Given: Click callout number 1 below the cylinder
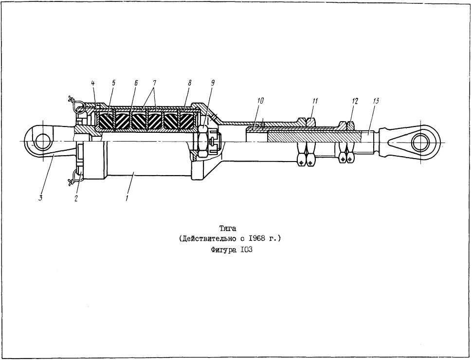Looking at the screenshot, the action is pyautogui.click(x=127, y=198).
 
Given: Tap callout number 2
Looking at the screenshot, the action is pyautogui.click(x=76, y=198).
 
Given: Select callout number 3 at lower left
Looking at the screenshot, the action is pyautogui.click(x=41, y=198).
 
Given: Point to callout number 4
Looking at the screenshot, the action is pyautogui.click(x=93, y=83).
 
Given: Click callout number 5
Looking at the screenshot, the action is pyautogui.click(x=114, y=83).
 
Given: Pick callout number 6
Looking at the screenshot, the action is pyautogui.click(x=136, y=83).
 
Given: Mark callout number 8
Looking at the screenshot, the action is pyautogui.click(x=189, y=83).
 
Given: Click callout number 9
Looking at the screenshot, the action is pyautogui.click(x=213, y=83).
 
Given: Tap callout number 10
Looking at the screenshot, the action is pyautogui.click(x=261, y=101).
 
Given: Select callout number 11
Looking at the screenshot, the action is pyautogui.click(x=315, y=101).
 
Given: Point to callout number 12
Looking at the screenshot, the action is pyautogui.click(x=355, y=101).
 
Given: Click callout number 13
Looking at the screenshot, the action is pyautogui.click(x=376, y=101).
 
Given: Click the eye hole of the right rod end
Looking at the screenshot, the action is pyautogui.click(x=420, y=142).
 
